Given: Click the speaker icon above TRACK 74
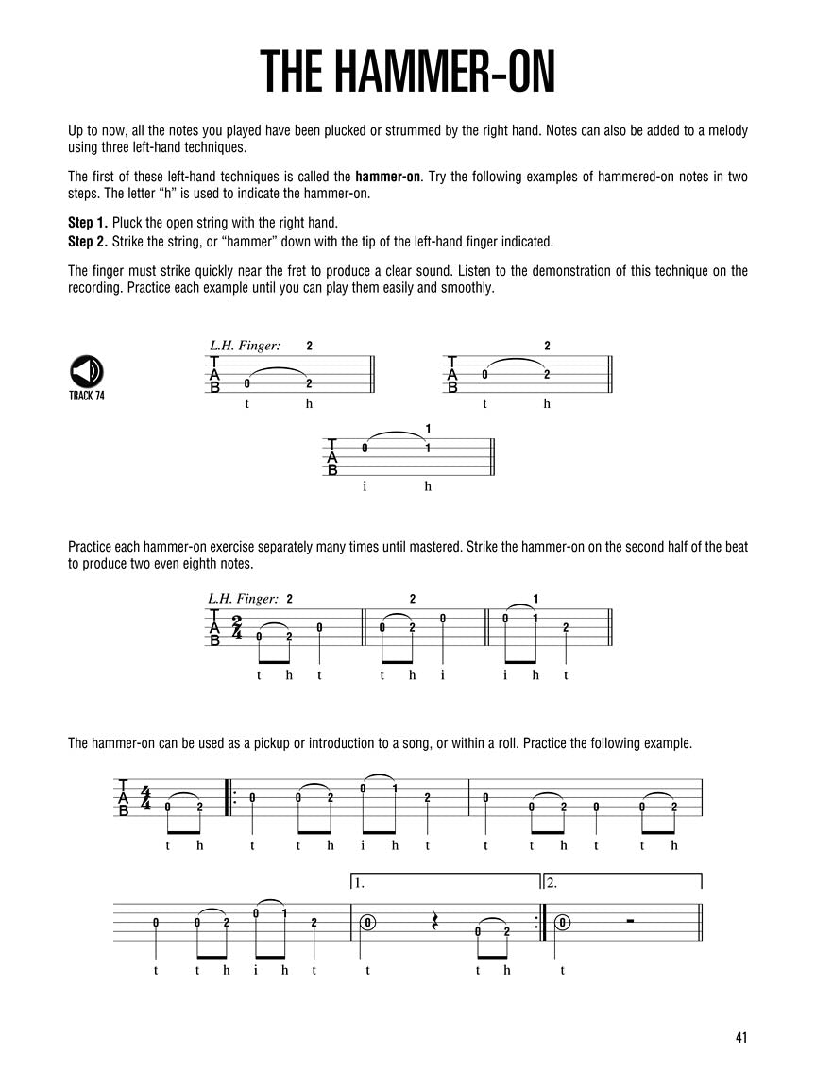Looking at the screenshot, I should tap(86, 370).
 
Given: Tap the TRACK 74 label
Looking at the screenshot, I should tap(86, 396).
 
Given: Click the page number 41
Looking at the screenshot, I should tap(740, 1038).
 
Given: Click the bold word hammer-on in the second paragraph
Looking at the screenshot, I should tap(387, 176).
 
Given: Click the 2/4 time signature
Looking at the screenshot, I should tap(236, 628).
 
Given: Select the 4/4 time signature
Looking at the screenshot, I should tap(146, 798).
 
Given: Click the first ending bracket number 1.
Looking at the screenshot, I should tap(360, 884).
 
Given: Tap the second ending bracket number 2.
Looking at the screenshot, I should tap(552, 884).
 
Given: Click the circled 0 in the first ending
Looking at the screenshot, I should tap(367, 923).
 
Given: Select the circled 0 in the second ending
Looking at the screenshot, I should tap(564, 923).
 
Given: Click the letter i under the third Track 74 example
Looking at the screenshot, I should tap(365, 486).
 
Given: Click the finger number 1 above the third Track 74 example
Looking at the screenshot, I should tap(428, 430).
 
